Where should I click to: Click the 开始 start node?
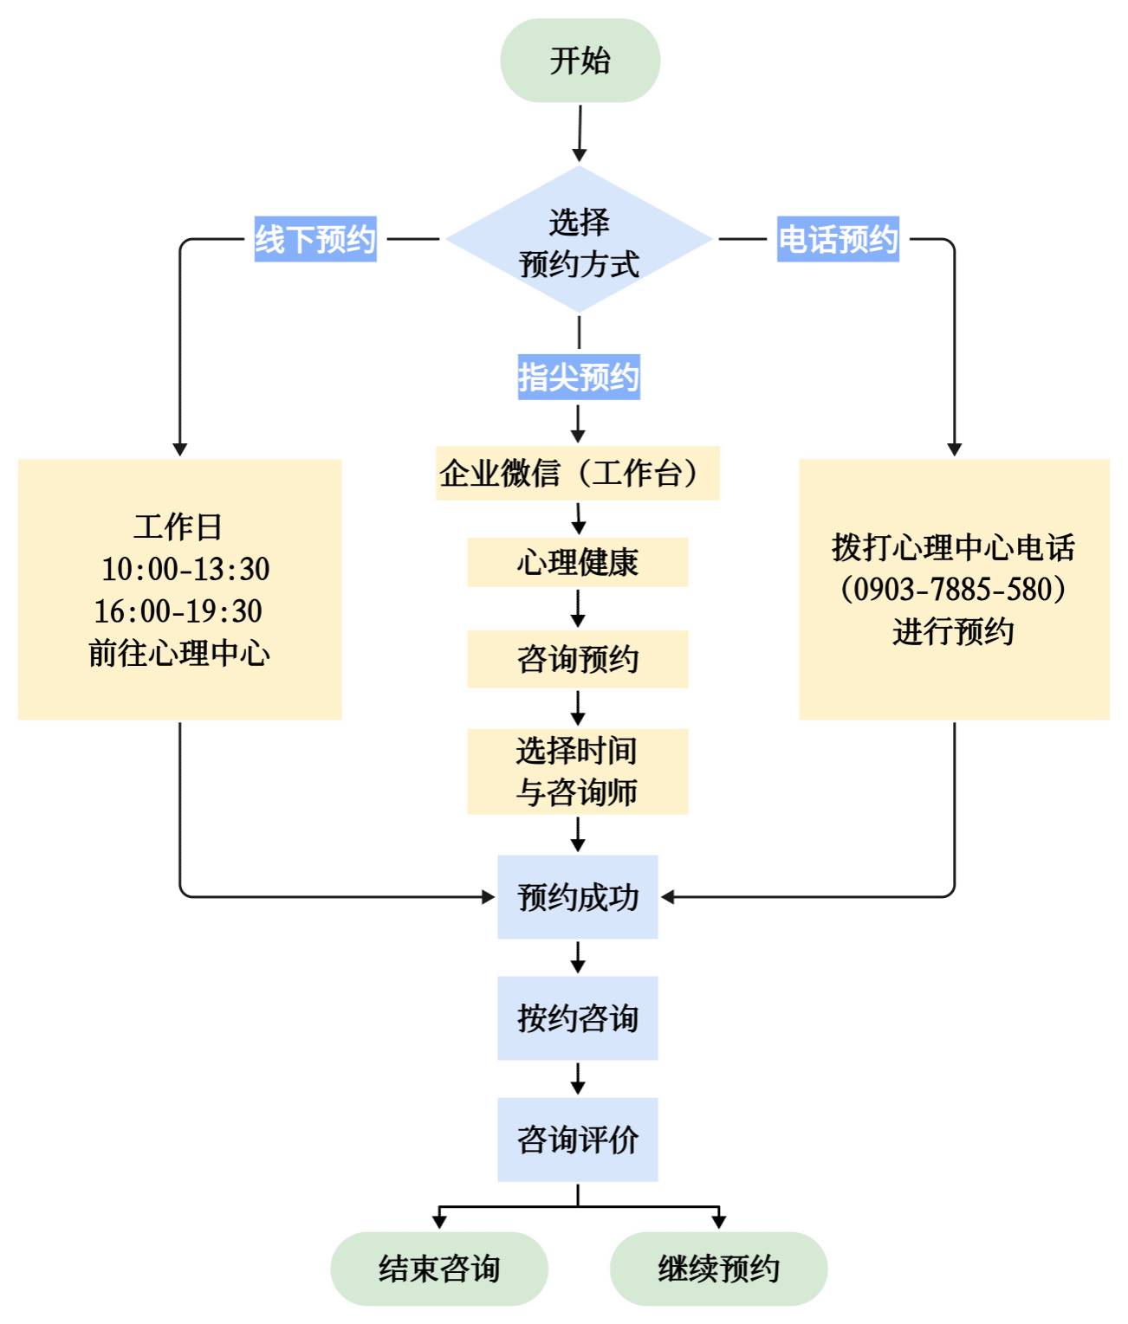point(580,61)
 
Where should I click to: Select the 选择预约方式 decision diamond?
point(579,240)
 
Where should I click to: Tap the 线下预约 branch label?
point(315,239)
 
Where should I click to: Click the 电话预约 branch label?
point(838,239)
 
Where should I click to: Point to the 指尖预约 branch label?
point(579,377)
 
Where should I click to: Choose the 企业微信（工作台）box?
point(577,473)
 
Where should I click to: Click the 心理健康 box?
point(577,562)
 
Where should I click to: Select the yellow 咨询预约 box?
point(577,659)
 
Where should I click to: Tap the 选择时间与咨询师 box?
point(577,771)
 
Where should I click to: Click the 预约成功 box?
point(577,897)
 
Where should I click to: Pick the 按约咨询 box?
point(577,1018)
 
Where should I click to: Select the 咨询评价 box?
point(577,1140)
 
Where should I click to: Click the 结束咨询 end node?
point(439,1269)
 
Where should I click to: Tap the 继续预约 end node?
point(718,1269)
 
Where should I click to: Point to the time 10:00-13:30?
point(185,569)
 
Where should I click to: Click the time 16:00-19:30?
point(178,611)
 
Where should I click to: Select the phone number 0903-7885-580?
point(953,590)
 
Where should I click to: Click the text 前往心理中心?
point(179,653)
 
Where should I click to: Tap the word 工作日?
point(178,526)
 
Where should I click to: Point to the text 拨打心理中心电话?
point(953,547)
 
